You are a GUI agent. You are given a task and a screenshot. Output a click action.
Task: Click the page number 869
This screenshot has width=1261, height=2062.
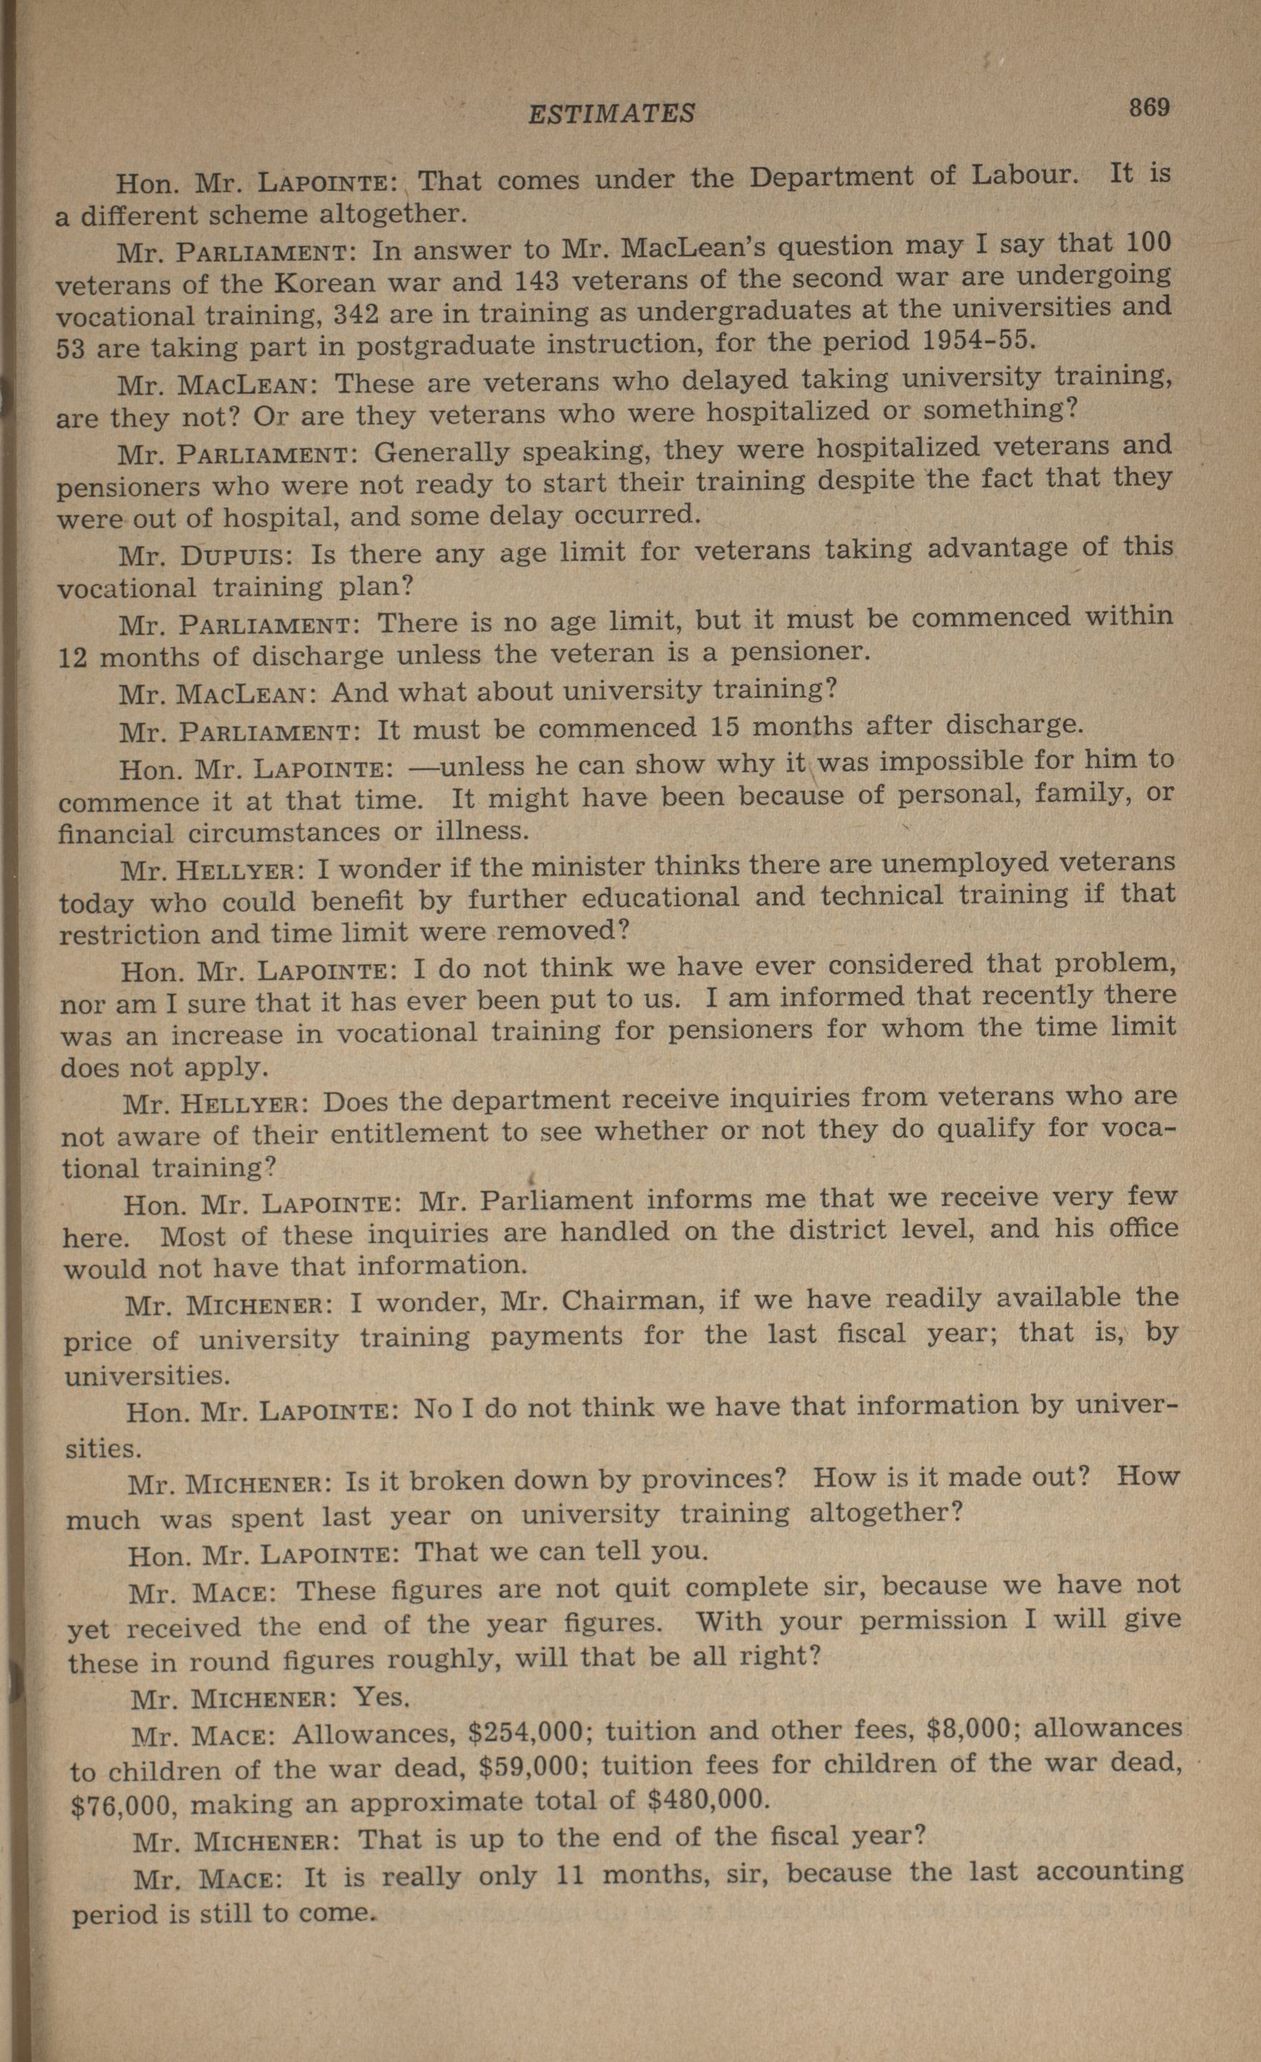tap(1148, 108)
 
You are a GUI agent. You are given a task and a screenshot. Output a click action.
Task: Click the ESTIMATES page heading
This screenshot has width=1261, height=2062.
tap(611, 114)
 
